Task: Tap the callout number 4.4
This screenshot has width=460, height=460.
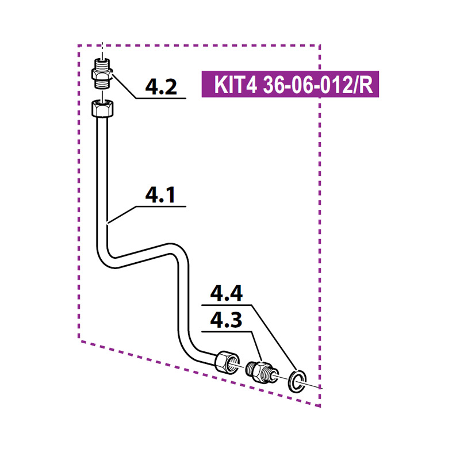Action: pyautogui.click(x=226, y=294)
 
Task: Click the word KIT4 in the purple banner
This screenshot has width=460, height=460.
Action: pyautogui.click(x=232, y=86)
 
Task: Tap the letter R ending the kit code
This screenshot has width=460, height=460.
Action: pyautogui.click(x=366, y=86)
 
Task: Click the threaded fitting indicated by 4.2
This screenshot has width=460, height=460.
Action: pyautogui.click(x=102, y=72)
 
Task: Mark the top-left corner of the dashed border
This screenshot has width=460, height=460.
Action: pyautogui.click(x=79, y=45)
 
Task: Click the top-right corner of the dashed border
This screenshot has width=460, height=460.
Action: pyautogui.click(x=320, y=45)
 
